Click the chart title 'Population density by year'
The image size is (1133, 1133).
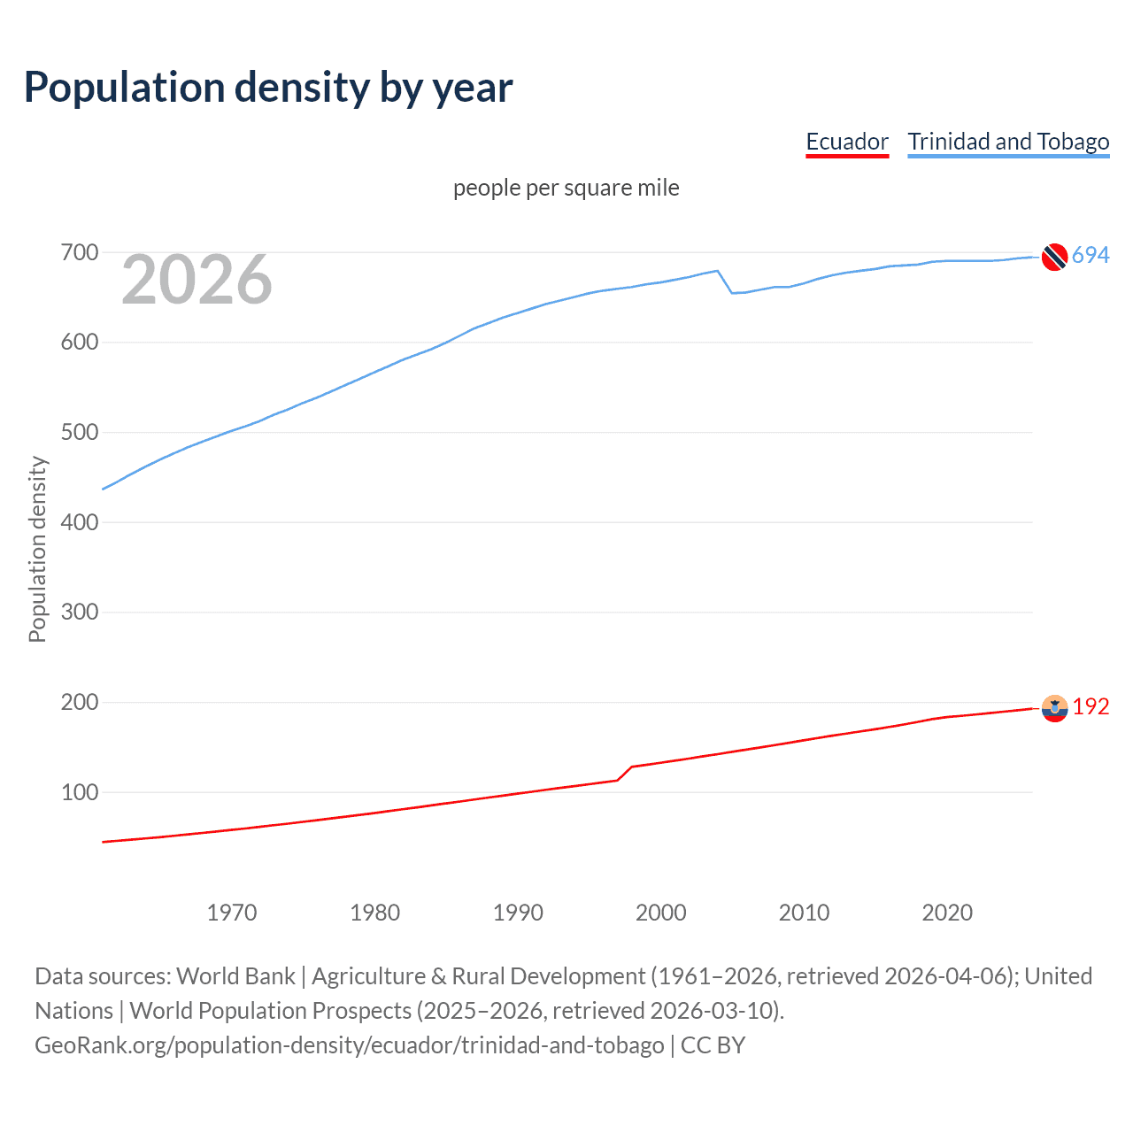pos(268,88)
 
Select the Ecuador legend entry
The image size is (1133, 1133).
pos(846,142)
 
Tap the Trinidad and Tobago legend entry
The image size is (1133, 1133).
pos(1008,142)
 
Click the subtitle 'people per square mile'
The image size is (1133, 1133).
pos(566,188)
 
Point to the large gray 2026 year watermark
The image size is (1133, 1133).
pos(197,280)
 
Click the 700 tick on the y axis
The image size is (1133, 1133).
pos(79,252)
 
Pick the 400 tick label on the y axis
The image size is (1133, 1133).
pos(79,522)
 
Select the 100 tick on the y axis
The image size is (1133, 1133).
pos(79,792)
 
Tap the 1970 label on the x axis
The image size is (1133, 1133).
pos(232,913)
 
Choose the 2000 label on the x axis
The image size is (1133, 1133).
pos(660,913)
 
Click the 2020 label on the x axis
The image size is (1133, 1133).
pos(947,913)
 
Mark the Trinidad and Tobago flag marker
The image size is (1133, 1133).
pos(1054,257)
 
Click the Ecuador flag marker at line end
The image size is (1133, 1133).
pos(1054,708)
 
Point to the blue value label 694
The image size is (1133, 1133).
pos(1091,256)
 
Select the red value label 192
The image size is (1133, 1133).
pos(1091,706)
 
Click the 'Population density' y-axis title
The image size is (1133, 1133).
pos(37,549)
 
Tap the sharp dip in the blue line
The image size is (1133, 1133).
pos(732,292)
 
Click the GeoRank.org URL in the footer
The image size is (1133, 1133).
pos(349,1045)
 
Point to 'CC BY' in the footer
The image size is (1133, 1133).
pos(713,1045)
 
